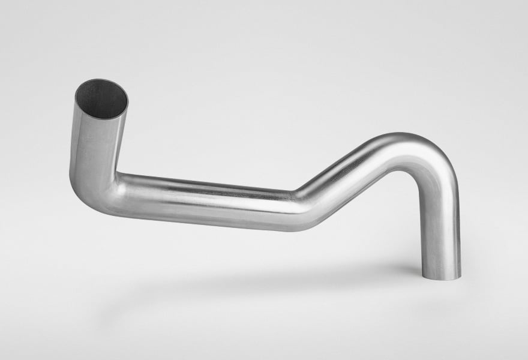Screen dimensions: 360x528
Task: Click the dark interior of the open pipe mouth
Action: coord(101,98)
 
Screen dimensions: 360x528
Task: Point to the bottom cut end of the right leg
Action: coord(442,277)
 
